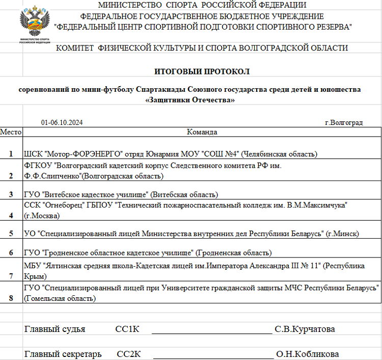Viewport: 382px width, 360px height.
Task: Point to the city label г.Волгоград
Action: [343, 123]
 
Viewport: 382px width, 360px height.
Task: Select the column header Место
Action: [11, 132]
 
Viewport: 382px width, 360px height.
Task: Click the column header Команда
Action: [202, 132]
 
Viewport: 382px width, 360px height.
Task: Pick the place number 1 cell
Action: [11, 153]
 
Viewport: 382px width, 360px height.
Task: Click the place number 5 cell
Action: [11, 234]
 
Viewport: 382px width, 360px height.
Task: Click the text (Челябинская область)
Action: [279, 153]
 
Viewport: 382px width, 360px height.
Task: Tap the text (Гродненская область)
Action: [234, 253]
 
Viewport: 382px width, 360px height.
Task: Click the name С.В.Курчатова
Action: [305, 329]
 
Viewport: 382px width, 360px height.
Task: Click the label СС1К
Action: [127, 329]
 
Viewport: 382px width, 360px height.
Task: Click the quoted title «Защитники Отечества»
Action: [190, 100]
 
